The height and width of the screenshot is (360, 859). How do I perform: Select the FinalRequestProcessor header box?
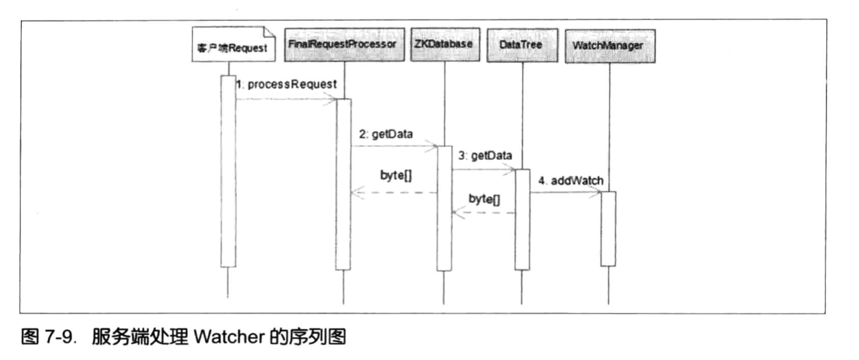[343, 46]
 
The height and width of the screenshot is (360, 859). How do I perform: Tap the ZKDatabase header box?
[444, 46]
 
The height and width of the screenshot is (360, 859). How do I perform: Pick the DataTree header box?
[522, 46]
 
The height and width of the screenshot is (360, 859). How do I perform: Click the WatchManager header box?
[609, 46]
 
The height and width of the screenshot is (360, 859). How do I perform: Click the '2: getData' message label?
[385, 134]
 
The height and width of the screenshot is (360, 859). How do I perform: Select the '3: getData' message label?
[485, 156]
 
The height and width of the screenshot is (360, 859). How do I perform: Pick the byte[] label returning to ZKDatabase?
[483, 199]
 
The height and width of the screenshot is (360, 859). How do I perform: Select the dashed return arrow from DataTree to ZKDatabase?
[483, 213]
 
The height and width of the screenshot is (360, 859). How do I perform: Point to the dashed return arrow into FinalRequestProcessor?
[394, 193]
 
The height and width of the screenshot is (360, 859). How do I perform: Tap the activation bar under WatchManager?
[608, 228]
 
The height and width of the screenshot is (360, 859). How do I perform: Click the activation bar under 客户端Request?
[228, 171]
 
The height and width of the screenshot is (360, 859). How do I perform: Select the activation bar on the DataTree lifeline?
[522, 219]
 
